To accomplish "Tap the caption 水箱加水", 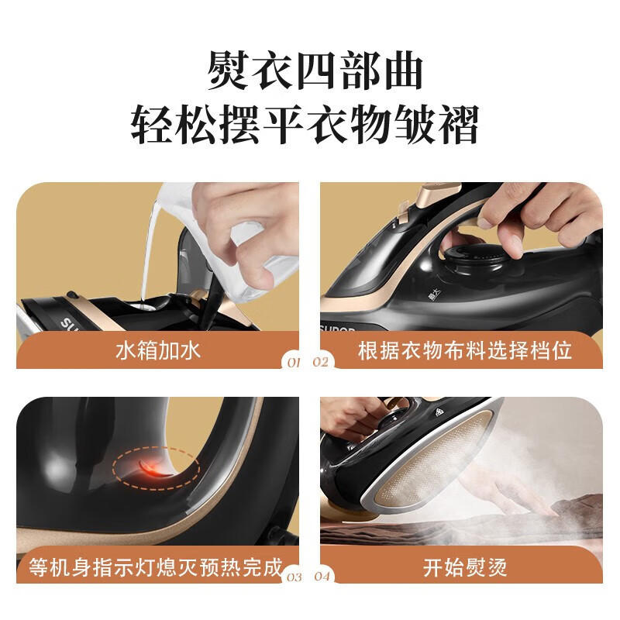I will (x=158, y=350).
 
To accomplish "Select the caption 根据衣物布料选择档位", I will (x=465, y=350).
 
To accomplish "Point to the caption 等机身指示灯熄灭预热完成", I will (x=156, y=567).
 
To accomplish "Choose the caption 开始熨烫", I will (x=465, y=567).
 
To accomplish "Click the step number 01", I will (x=293, y=362).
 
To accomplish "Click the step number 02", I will (x=322, y=362).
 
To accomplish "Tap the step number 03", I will (x=293, y=577).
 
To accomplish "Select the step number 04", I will (x=322, y=577).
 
